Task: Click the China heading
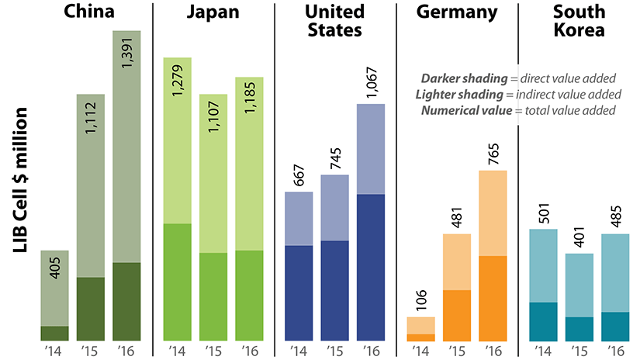click(x=90, y=12)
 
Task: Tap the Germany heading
click(x=458, y=12)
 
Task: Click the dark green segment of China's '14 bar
click(x=54, y=333)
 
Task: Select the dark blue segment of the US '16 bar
click(x=371, y=267)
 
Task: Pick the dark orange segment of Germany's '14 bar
click(x=420, y=337)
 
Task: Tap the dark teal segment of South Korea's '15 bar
click(x=579, y=328)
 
